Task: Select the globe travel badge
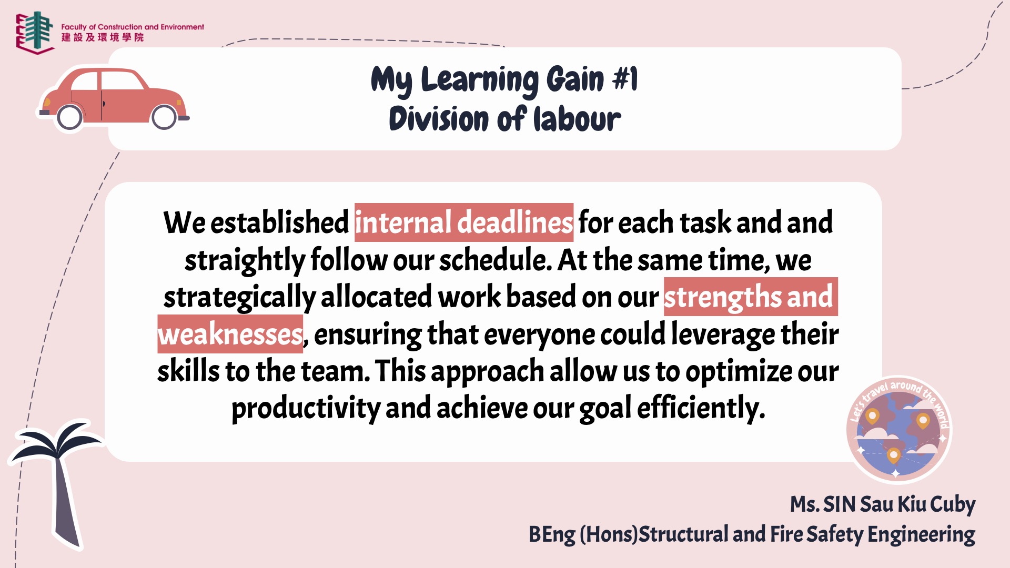point(899,429)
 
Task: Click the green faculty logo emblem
point(35,32)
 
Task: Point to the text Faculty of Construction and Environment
point(133,27)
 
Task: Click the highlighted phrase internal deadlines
point(464,222)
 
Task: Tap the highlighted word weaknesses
point(230,334)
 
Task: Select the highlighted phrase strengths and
point(751,297)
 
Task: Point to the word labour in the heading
point(577,119)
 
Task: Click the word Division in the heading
point(439,119)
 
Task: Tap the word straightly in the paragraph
point(245,260)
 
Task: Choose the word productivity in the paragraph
point(306,409)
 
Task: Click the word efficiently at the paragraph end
point(701,409)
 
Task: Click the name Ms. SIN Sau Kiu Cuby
point(883,504)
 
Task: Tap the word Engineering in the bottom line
point(921,534)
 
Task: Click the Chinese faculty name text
point(103,37)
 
